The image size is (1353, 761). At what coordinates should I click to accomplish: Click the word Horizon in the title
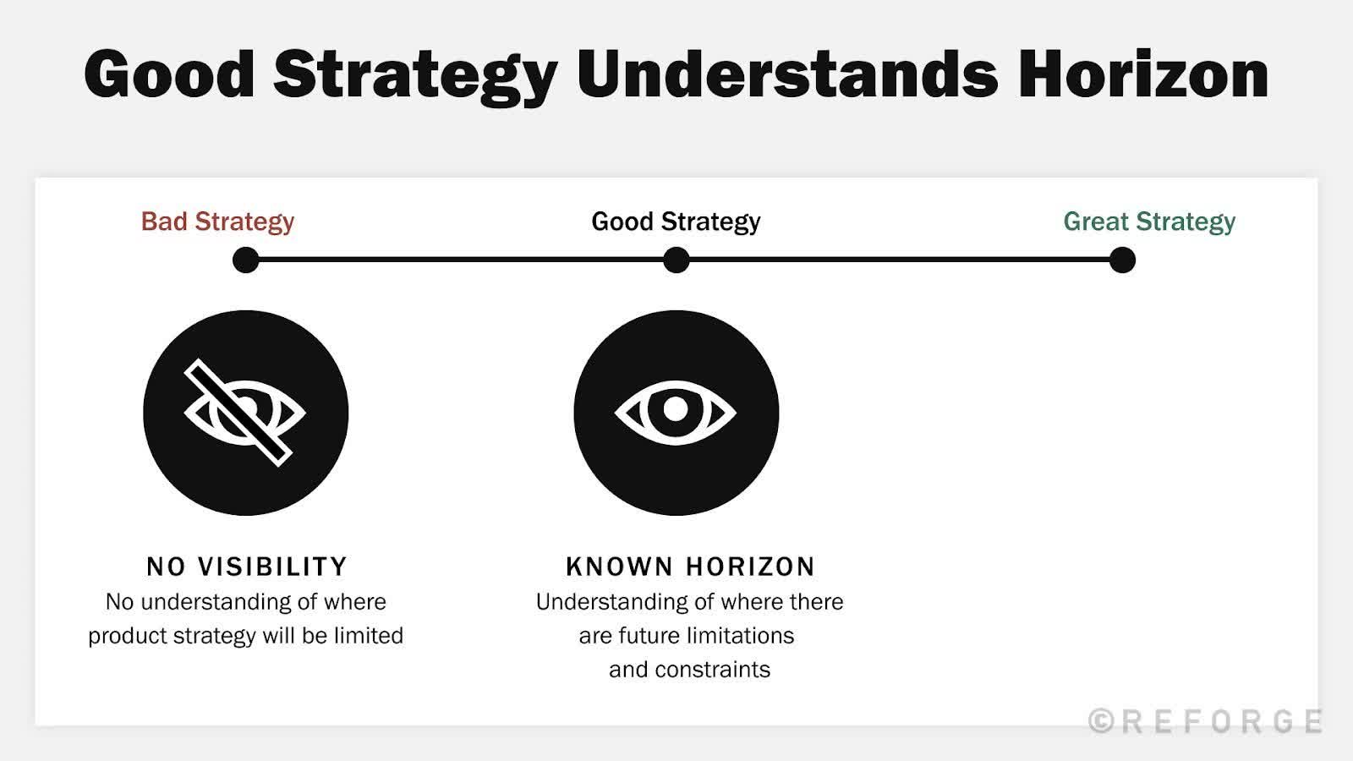pyautogui.click(x=1142, y=74)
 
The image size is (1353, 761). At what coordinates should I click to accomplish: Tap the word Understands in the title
pyautogui.click(x=786, y=74)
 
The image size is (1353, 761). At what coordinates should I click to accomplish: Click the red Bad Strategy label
pyautogui.click(x=217, y=222)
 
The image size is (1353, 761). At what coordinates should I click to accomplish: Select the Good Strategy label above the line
pyautogui.click(x=676, y=222)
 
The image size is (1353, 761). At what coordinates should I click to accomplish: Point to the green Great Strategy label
pyautogui.click(x=1149, y=222)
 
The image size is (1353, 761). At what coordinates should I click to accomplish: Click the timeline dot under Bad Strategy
pyautogui.click(x=246, y=260)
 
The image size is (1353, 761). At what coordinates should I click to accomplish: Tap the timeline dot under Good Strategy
pyautogui.click(x=676, y=260)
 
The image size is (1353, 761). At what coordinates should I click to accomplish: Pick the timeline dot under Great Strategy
pyautogui.click(x=1122, y=260)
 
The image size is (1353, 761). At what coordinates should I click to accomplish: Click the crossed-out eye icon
pyautogui.click(x=245, y=413)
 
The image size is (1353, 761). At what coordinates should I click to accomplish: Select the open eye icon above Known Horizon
pyautogui.click(x=676, y=413)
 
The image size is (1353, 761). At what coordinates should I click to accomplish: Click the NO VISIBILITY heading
pyautogui.click(x=247, y=567)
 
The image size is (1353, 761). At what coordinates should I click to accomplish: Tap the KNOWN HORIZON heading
pyautogui.click(x=690, y=567)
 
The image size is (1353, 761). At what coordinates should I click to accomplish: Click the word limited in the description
pyautogui.click(x=368, y=636)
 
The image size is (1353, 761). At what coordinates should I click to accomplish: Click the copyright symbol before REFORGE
pyautogui.click(x=1100, y=721)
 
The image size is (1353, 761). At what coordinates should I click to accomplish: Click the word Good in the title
pyautogui.click(x=169, y=74)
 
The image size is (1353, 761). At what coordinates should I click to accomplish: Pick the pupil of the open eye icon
pyautogui.click(x=676, y=409)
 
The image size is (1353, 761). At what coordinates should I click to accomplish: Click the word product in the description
pyautogui.click(x=127, y=636)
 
